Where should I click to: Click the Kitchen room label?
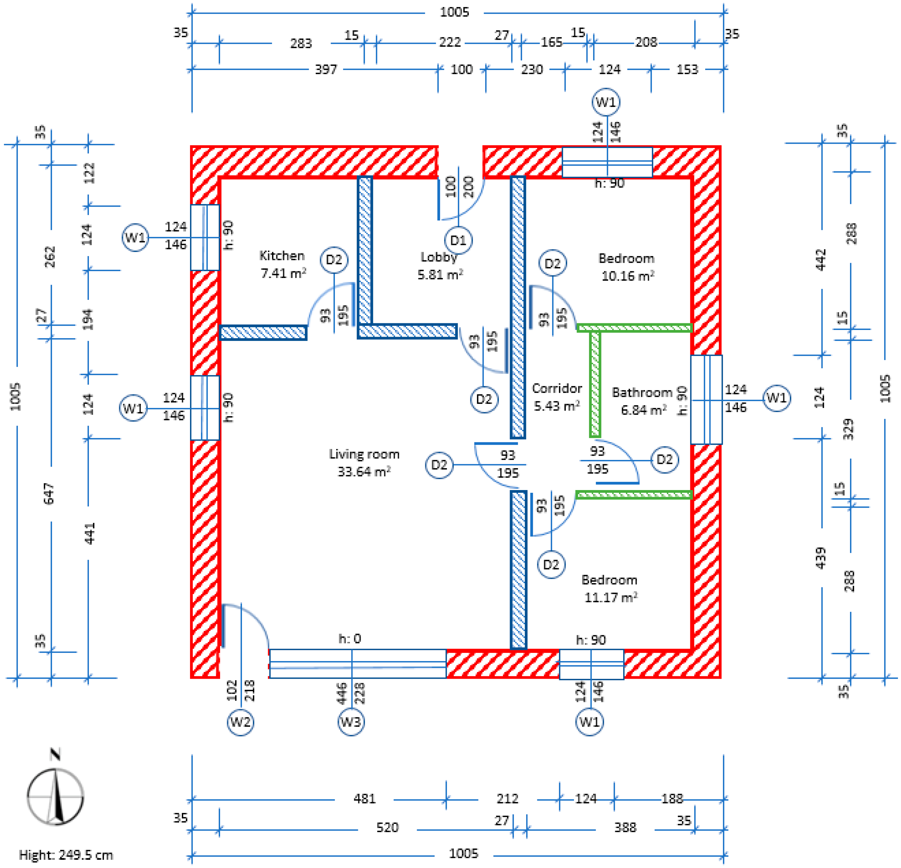pos(282,256)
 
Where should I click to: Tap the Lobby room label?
pos(439,257)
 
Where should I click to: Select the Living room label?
pos(364,455)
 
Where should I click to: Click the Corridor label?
pos(557,388)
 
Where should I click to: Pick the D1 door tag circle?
pos(458,240)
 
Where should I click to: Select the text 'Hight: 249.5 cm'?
pos(66,855)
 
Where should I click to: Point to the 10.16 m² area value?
pos(627,276)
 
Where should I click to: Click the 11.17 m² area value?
pos(610,598)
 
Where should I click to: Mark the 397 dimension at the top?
pos(326,70)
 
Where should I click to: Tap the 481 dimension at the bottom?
pos(365,798)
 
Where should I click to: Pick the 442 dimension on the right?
pos(821,260)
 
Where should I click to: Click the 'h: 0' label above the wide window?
pos(350,638)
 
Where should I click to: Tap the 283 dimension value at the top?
pos(301,43)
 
